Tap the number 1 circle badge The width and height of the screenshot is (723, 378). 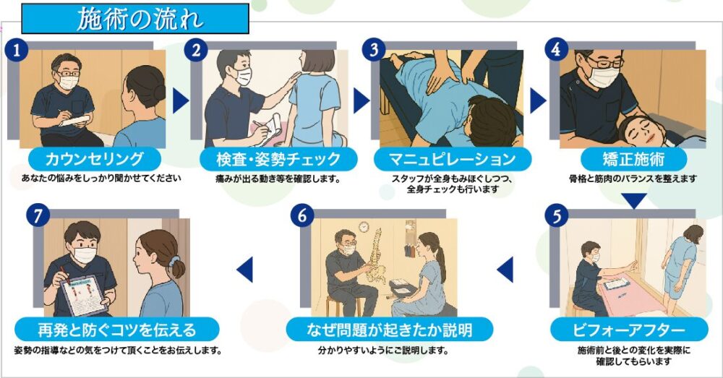17,50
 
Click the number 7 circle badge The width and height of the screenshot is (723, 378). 38,215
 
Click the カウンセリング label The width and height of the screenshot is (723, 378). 95,159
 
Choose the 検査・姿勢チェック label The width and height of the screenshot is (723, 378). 278,159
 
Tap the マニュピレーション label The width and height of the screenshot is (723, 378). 453,159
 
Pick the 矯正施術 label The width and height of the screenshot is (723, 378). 633,159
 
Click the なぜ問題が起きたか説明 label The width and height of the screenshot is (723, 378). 390,330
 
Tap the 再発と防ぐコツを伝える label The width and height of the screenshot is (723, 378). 116,330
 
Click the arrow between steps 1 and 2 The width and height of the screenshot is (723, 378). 180,100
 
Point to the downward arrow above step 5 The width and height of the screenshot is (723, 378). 634,200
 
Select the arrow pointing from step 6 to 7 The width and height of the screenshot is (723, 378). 245,270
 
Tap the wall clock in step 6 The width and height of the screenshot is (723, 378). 364,227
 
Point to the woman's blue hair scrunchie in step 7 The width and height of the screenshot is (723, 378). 174,262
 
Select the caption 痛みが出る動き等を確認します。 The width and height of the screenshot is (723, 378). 278,179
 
